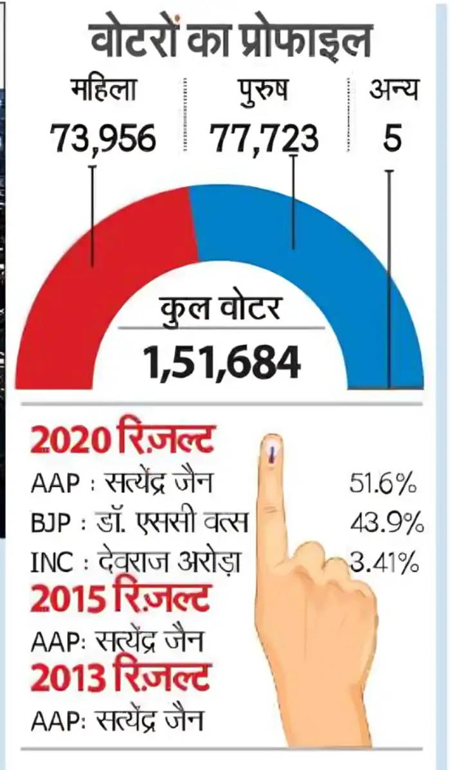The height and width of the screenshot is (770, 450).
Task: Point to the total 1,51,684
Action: click(x=222, y=362)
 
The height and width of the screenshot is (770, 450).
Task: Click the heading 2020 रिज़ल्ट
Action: click(x=122, y=443)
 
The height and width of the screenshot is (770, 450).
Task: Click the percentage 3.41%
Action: click(x=384, y=564)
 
